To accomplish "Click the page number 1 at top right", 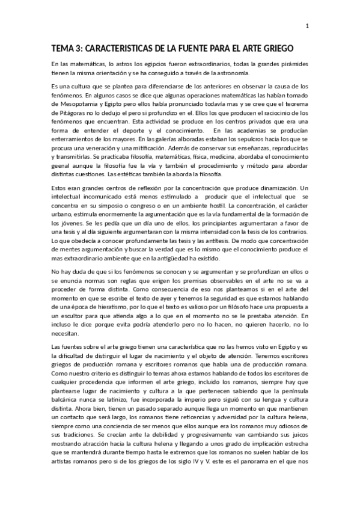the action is click(x=307, y=26).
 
